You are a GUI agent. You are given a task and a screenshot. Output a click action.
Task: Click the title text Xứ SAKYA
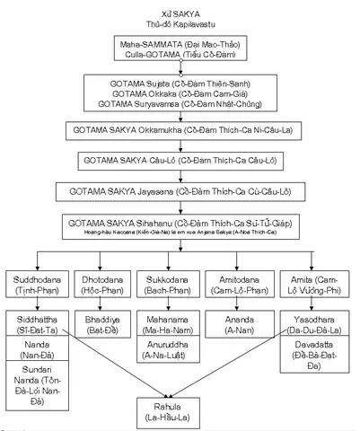point(179,7)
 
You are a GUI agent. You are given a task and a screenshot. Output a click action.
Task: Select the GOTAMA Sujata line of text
point(179,83)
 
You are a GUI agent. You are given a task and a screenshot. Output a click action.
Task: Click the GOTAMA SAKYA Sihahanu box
point(179,225)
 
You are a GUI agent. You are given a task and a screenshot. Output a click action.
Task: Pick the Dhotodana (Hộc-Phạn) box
point(106,285)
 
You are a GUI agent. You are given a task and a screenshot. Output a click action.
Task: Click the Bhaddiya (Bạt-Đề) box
point(106,324)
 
